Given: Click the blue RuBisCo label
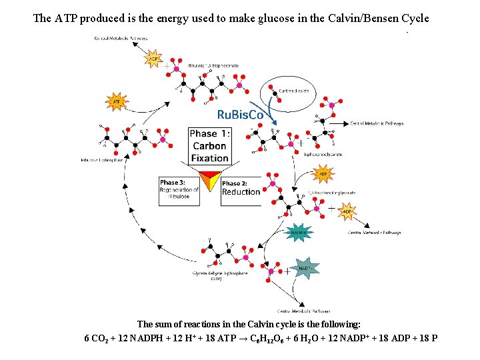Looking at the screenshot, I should tap(241, 114).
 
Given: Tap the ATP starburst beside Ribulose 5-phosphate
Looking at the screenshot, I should tap(117, 102).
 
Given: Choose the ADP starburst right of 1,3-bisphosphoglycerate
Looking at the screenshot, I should tap(347, 212).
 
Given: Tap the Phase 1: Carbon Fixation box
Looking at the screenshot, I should tap(209, 146).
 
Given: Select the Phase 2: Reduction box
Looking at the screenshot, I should tap(241, 187).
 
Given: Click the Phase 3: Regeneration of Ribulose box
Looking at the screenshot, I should tap(179, 189).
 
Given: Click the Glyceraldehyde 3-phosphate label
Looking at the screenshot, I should tap(215, 273).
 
